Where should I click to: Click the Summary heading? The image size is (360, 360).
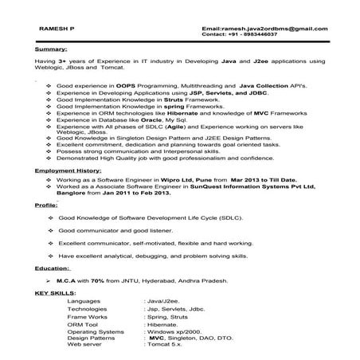pos(51,49)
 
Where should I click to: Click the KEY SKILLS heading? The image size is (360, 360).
pos(53,292)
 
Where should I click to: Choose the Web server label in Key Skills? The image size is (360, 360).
pos(85,344)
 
